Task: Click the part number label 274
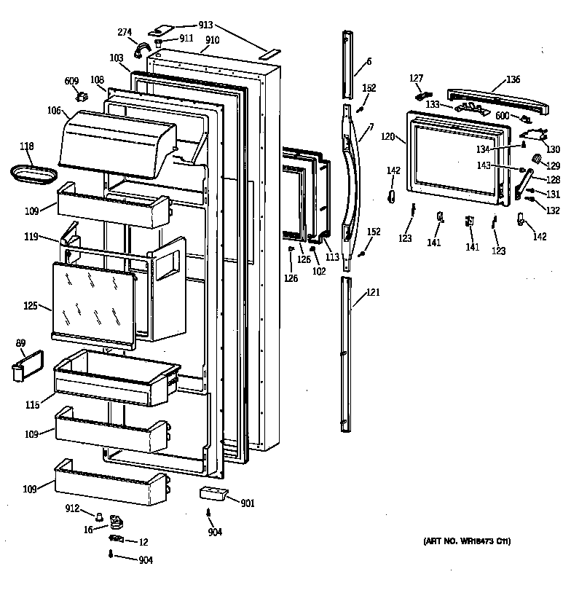point(125,32)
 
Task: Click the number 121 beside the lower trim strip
point(373,293)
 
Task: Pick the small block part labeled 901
point(213,494)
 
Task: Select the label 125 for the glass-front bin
point(31,306)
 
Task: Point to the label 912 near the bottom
point(71,508)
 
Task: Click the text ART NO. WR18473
point(466,542)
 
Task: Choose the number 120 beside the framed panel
point(387,136)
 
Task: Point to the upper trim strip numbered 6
point(348,62)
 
